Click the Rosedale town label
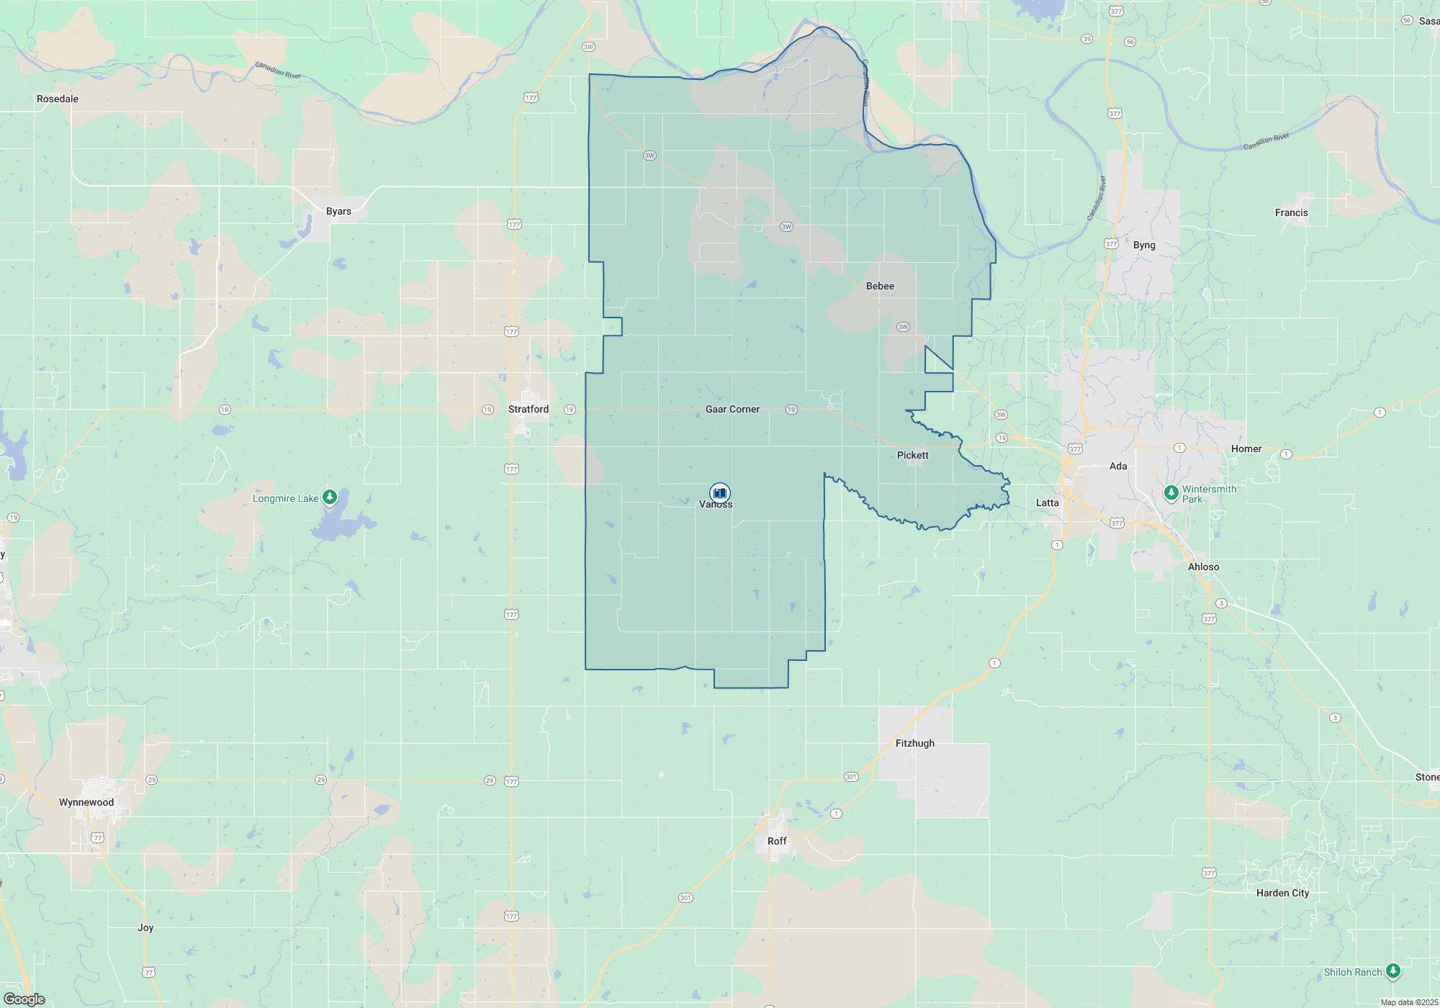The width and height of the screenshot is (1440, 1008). point(58,99)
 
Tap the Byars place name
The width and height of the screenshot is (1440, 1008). point(338,211)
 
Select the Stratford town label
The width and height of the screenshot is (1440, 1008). point(528,409)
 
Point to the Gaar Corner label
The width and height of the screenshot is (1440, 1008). point(732,409)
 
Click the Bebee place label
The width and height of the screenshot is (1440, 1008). point(880,286)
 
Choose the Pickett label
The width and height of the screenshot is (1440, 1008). point(912,455)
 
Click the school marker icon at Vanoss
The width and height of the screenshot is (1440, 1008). point(719,492)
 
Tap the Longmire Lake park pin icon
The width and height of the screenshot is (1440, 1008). point(330,497)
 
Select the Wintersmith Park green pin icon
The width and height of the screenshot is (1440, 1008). point(1171,492)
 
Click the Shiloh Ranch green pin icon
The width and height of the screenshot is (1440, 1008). point(1393,971)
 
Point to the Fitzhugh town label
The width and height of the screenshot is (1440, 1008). point(915,743)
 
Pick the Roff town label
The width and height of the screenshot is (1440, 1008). point(777,841)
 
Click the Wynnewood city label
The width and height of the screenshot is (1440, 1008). point(86,802)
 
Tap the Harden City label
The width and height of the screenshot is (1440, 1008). point(1282,893)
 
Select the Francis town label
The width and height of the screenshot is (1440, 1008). point(1291,212)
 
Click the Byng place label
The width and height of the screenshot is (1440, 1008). point(1144,245)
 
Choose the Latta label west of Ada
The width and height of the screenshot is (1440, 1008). point(1047,503)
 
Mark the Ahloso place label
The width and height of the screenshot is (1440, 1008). point(1203,567)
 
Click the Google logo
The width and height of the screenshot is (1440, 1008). point(24,999)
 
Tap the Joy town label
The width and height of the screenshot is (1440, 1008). point(145,927)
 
